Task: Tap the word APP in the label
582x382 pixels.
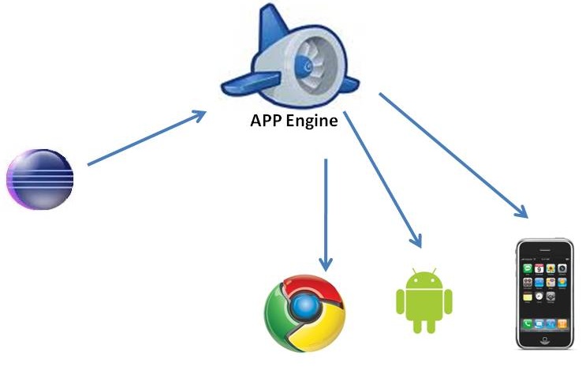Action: point(266,122)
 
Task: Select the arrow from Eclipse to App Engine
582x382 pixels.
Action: point(146,139)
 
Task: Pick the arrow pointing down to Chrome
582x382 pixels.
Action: point(326,213)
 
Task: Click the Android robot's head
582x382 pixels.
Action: point(423,279)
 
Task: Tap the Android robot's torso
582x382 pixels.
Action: point(423,304)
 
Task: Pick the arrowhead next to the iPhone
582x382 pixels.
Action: point(520,212)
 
